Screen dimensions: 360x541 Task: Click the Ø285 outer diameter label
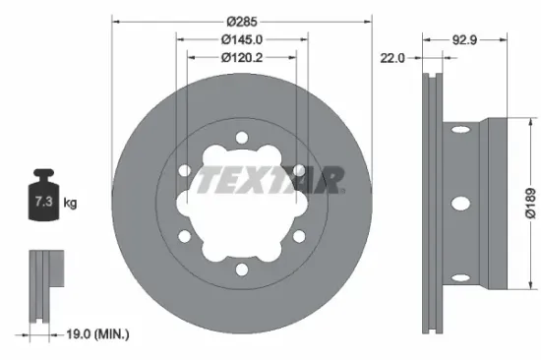pyautogui.click(x=241, y=20)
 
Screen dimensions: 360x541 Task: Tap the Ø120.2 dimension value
pyautogui.click(x=241, y=58)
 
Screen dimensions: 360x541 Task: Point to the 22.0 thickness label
pyautogui.click(x=393, y=58)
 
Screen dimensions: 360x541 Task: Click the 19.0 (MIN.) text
pyautogui.click(x=90, y=335)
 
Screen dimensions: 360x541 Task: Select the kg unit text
pyautogui.click(x=70, y=204)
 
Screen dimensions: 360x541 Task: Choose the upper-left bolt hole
pyautogui.click(x=184, y=171)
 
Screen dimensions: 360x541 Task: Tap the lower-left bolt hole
pyautogui.click(x=184, y=238)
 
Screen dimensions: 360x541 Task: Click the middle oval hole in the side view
pyautogui.click(x=458, y=204)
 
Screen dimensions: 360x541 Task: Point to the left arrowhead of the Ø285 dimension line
pyautogui.click(x=114, y=20)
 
